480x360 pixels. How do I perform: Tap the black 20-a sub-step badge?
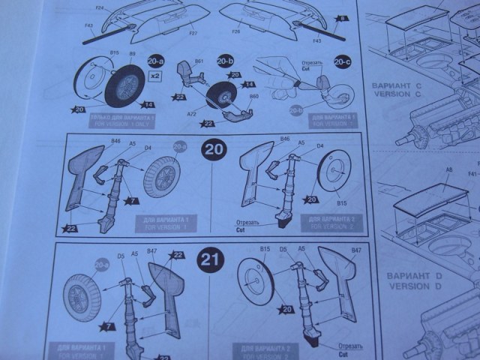click(157, 61)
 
